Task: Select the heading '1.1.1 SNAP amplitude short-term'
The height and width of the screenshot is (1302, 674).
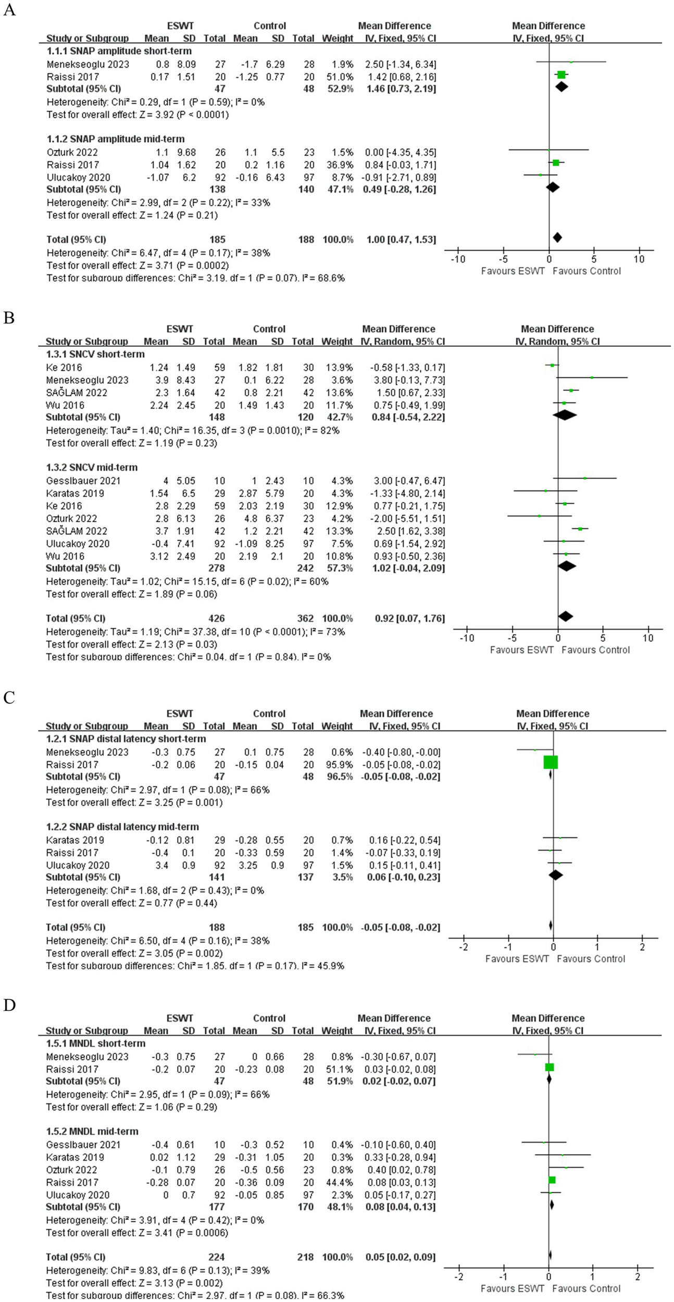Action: point(119,51)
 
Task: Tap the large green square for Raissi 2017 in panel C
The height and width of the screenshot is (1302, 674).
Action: point(551,762)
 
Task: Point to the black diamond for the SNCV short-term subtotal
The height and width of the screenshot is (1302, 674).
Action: point(565,415)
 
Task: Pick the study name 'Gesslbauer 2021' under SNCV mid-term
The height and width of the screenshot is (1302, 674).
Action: point(83,481)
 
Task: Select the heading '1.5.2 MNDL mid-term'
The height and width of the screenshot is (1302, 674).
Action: point(92,1131)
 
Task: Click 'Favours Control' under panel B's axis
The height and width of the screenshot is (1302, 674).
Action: point(595,649)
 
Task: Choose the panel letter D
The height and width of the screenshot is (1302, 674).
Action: point(9,1005)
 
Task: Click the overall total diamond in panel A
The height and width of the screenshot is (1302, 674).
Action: point(557,237)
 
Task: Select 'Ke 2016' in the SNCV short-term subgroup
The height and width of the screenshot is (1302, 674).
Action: point(64,368)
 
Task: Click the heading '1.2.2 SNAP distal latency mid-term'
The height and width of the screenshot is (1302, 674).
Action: point(122,827)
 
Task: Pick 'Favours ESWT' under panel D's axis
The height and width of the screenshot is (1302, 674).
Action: point(512,1288)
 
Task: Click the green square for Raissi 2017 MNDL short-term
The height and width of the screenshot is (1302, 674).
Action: point(550,1067)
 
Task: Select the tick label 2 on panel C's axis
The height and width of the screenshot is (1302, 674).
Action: point(642,947)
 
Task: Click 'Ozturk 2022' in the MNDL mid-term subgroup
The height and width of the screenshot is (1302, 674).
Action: point(72,1170)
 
